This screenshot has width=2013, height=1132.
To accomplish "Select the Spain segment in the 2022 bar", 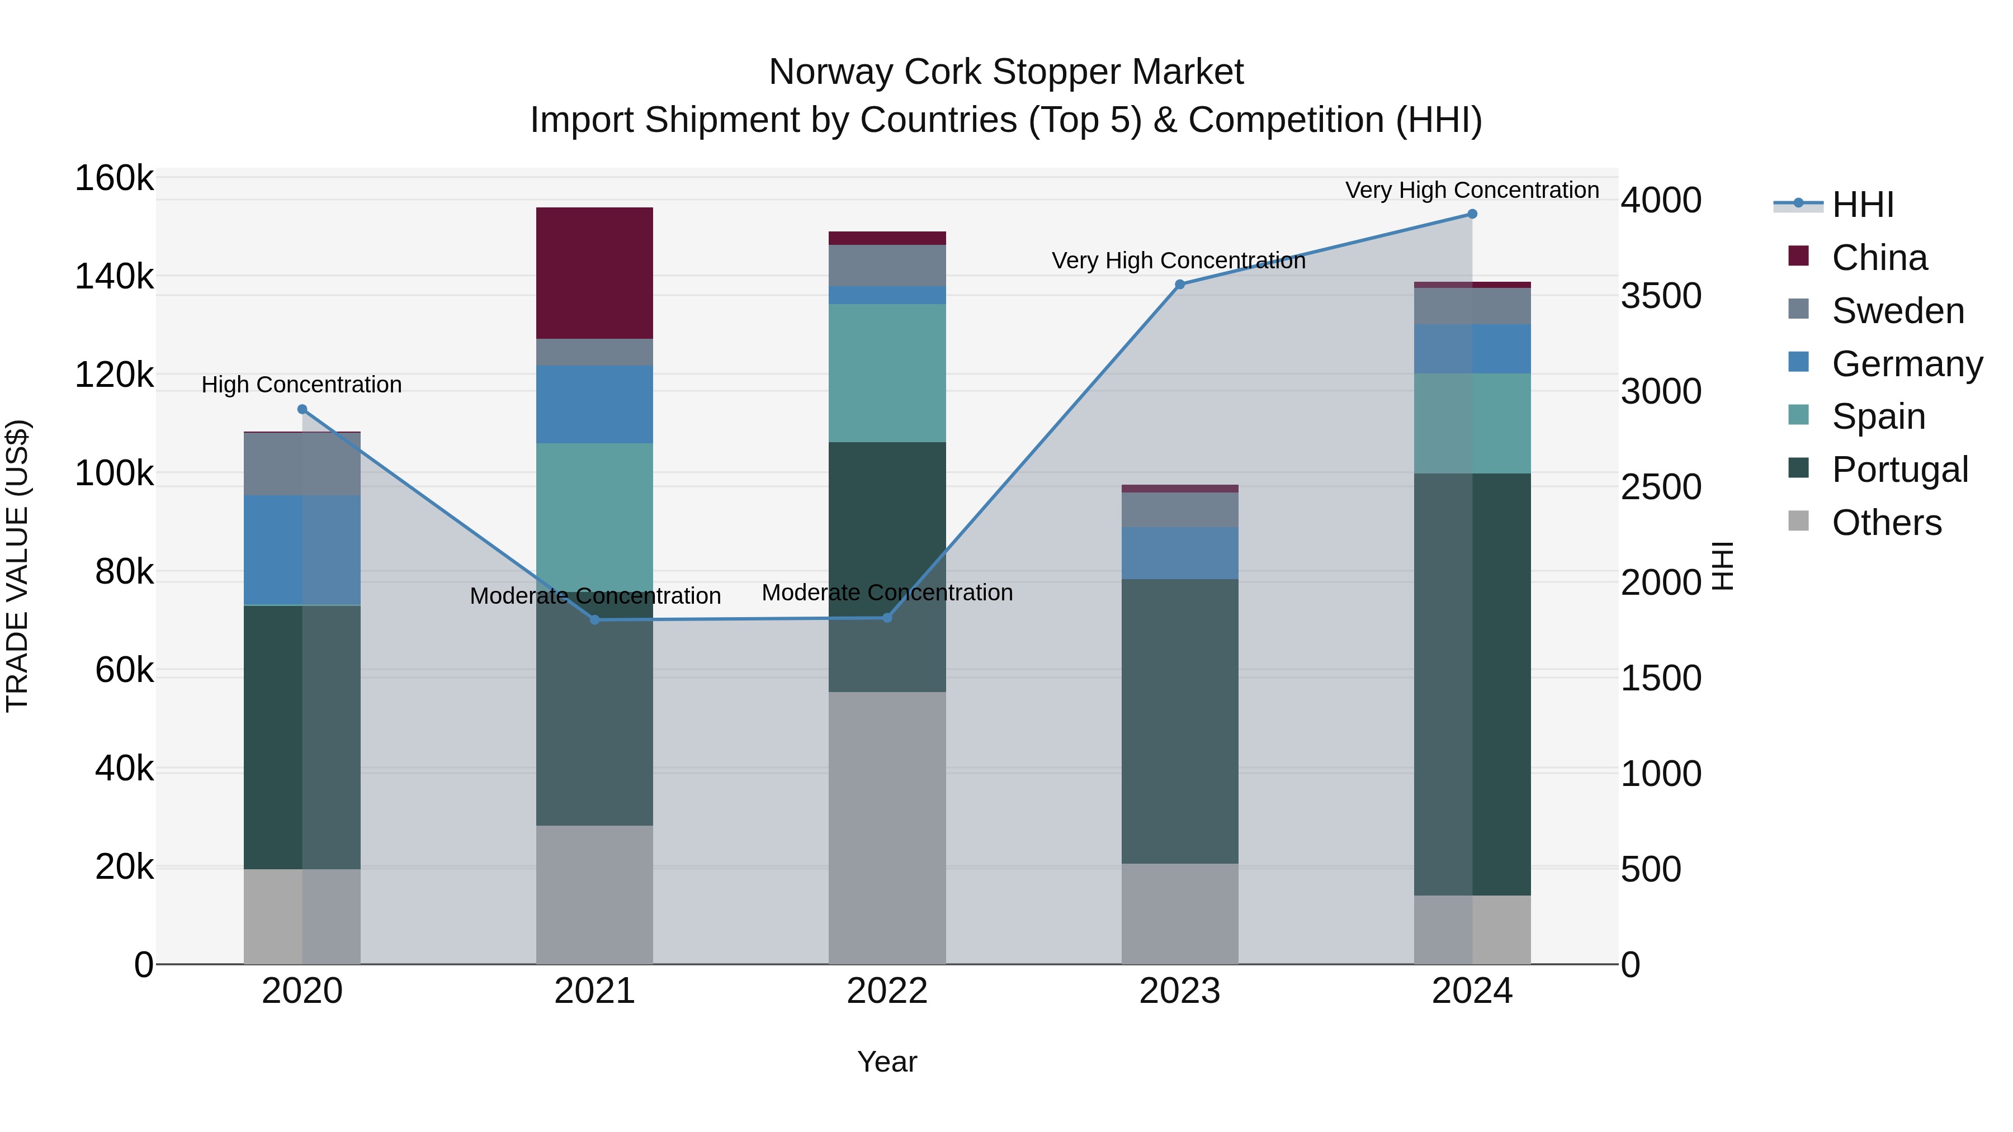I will [x=887, y=373].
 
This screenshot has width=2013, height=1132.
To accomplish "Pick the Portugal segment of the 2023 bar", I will [x=1179, y=721].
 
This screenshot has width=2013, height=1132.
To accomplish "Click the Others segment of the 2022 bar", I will [x=887, y=827].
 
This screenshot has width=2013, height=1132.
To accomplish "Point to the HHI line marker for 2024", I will [x=1472, y=214].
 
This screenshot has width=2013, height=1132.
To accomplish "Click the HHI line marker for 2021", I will [x=595, y=619].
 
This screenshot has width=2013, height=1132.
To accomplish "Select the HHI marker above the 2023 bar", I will [x=1180, y=285].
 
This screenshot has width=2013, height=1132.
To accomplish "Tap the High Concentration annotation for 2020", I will [x=301, y=385].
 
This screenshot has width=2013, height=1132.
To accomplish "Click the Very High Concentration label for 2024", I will [x=1472, y=190].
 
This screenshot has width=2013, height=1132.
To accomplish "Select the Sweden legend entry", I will [x=1897, y=311].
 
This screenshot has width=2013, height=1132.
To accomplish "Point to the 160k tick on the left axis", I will [x=114, y=178].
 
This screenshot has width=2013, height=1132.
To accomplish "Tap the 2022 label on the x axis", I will [x=887, y=991].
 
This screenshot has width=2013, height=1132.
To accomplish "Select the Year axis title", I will [x=887, y=1062].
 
